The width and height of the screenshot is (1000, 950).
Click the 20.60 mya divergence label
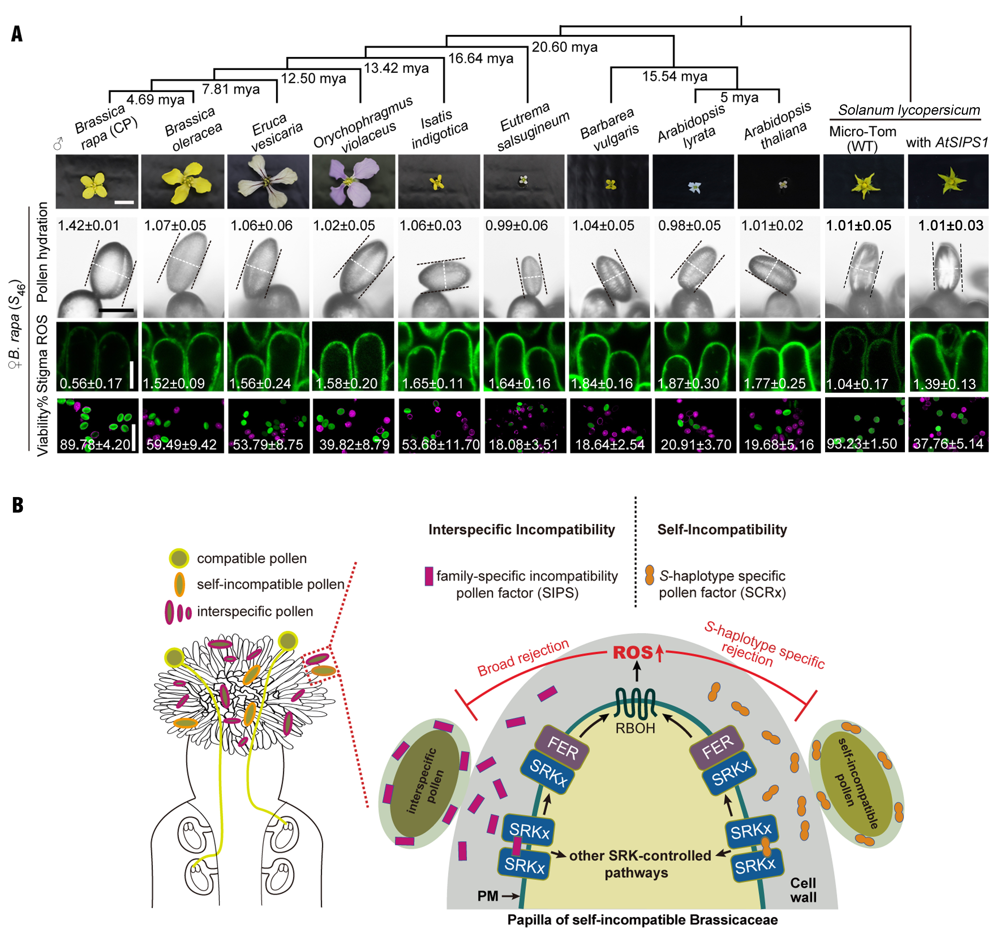564,47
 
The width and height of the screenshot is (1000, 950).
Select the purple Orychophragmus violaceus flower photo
353,181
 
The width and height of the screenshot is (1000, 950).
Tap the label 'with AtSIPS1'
947,142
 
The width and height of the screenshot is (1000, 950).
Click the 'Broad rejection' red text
523,658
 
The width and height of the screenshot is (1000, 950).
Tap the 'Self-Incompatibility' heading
722,530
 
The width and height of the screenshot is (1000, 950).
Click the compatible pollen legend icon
178,558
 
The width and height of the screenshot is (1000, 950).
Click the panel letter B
18,505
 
